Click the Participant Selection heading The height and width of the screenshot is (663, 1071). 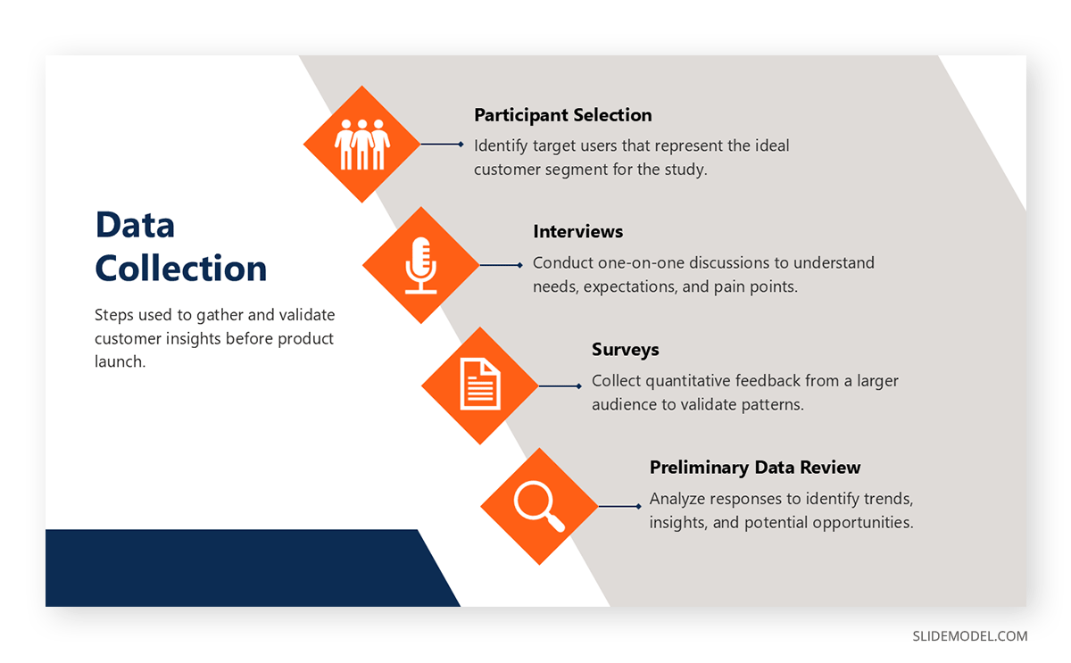tap(562, 115)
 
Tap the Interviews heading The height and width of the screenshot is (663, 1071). tap(577, 232)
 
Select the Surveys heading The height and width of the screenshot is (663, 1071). tap(625, 350)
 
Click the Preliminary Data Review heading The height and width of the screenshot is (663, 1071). tap(754, 468)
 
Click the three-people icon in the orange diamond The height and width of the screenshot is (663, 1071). tap(361, 145)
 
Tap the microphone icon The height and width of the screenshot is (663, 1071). tap(420, 265)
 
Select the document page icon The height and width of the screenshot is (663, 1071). tap(479, 385)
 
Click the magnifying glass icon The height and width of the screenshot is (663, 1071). tap(538, 506)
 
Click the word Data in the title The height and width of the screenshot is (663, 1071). tap(135, 225)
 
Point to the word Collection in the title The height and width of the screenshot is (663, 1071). tap(180, 269)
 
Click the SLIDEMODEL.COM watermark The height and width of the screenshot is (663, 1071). tap(969, 636)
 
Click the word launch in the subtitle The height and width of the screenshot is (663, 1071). tap(118, 362)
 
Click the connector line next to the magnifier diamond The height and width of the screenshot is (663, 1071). tap(619, 506)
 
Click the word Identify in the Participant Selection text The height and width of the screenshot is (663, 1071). tap(501, 145)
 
